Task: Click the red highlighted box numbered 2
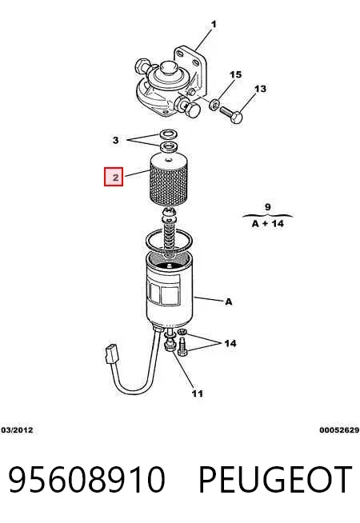pyautogui.click(x=114, y=177)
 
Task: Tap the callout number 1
pyautogui.click(x=214, y=24)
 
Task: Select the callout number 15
pyautogui.click(x=235, y=74)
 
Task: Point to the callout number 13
pyautogui.click(x=260, y=89)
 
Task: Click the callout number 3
pyautogui.click(x=115, y=140)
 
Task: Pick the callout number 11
pyautogui.click(x=197, y=393)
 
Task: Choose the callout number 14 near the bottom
pyautogui.click(x=230, y=343)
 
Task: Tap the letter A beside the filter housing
pyautogui.click(x=229, y=301)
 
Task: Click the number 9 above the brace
pyautogui.click(x=267, y=207)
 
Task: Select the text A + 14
pyautogui.click(x=267, y=223)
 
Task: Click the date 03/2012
pyautogui.click(x=18, y=430)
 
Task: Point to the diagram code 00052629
pyautogui.click(x=339, y=430)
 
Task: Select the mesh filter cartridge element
pyautogui.click(x=167, y=178)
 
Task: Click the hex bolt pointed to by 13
pyautogui.click(x=231, y=114)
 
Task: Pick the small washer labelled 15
pyautogui.click(x=214, y=105)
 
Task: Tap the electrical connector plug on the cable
pyautogui.click(x=112, y=353)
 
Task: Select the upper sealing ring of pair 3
pyautogui.click(x=168, y=134)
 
